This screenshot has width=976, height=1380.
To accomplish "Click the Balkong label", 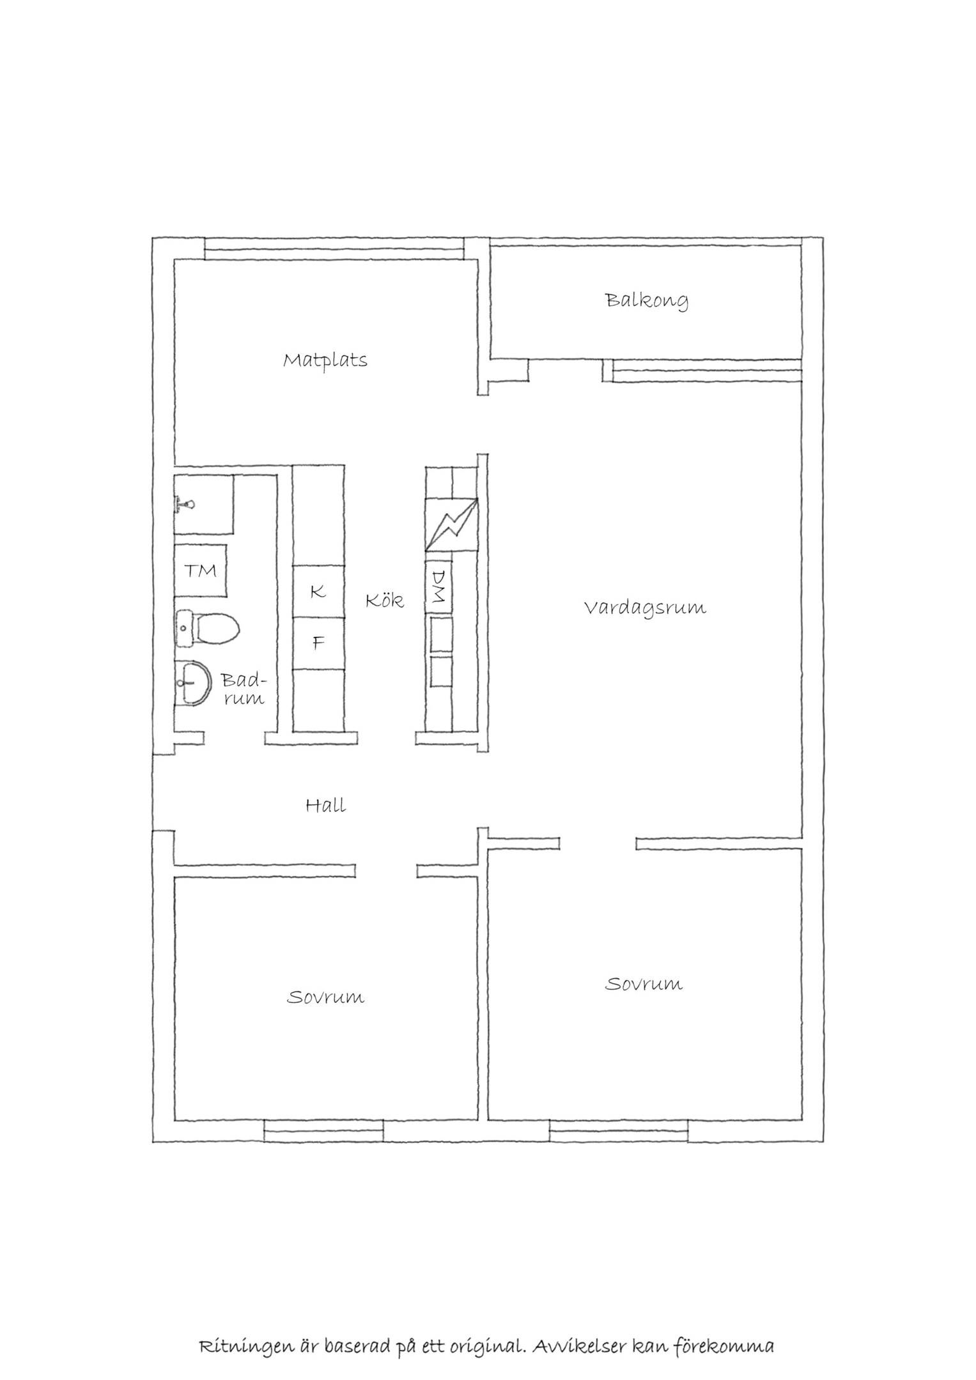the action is click(647, 300).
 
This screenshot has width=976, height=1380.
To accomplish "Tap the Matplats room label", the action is click(325, 360).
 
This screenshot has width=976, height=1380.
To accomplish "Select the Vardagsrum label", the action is click(645, 606).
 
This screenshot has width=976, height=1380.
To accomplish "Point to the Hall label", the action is click(326, 805).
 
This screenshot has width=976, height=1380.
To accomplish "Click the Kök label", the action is click(385, 600).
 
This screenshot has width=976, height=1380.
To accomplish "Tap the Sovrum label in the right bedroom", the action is click(644, 983).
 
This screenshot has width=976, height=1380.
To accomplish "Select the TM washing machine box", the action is click(201, 571).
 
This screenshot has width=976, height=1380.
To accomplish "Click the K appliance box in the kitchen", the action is click(318, 592).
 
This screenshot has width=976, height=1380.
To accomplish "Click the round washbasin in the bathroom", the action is click(192, 684).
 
